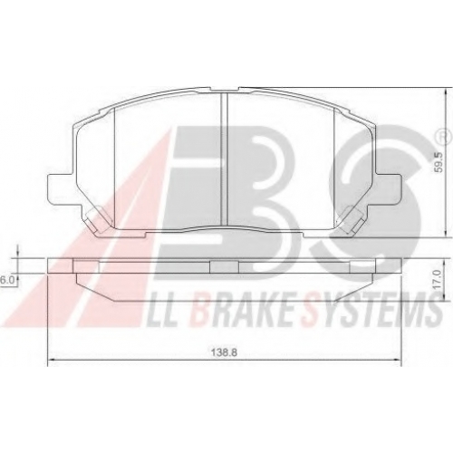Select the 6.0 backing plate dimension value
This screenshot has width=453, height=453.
coord(5,280)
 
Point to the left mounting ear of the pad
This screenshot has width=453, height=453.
coord(61,189)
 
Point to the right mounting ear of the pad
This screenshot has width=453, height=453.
coord(389,189)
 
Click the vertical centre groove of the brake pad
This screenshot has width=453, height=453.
coord(224,159)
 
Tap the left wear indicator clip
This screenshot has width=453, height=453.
coord(96,219)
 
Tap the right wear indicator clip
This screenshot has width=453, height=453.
coord(352,219)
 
